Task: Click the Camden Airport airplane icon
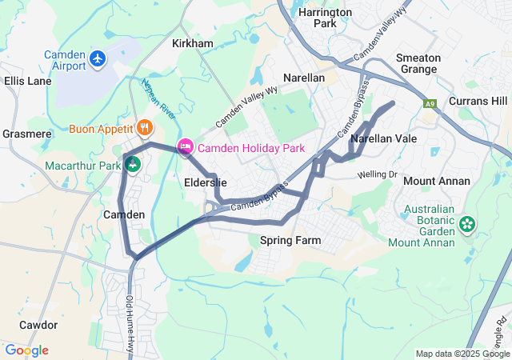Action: tap(98, 58)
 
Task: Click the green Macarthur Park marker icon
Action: tap(133, 165)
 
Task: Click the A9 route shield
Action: tap(431, 103)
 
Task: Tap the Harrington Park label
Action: tap(324, 18)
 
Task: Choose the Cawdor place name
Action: tap(38, 325)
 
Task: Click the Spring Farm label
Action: tap(290, 240)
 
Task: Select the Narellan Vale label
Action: tap(384, 138)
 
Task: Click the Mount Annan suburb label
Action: tap(436, 181)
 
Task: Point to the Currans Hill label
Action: tap(478, 101)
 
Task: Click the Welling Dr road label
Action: tap(377, 174)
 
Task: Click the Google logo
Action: tap(26, 350)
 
